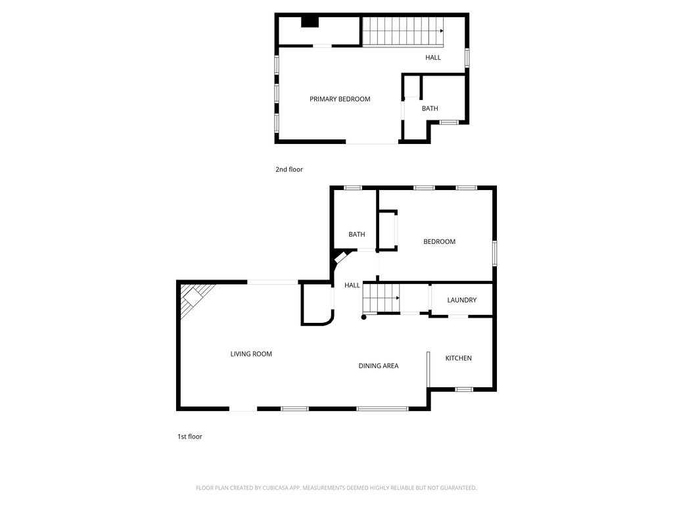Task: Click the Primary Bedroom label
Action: tap(340, 99)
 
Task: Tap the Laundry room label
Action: tap(461, 301)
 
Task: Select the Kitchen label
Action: tap(458, 358)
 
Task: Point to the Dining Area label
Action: tap(378, 366)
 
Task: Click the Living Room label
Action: tap(251, 354)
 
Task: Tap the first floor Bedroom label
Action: tap(439, 242)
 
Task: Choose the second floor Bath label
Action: tap(430, 108)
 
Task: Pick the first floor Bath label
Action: tap(357, 235)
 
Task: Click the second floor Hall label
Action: tap(433, 58)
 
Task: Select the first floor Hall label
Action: tap(352, 285)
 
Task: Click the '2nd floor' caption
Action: tap(289, 170)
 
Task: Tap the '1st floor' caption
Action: tap(189, 437)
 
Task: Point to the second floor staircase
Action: tap(402, 32)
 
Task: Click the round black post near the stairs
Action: tap(363, 317)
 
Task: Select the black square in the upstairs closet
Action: tap(310, 22)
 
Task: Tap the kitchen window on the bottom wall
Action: tap(464, 389)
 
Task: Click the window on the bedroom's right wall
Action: tap(494, 253)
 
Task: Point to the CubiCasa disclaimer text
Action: tap(336, 488)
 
